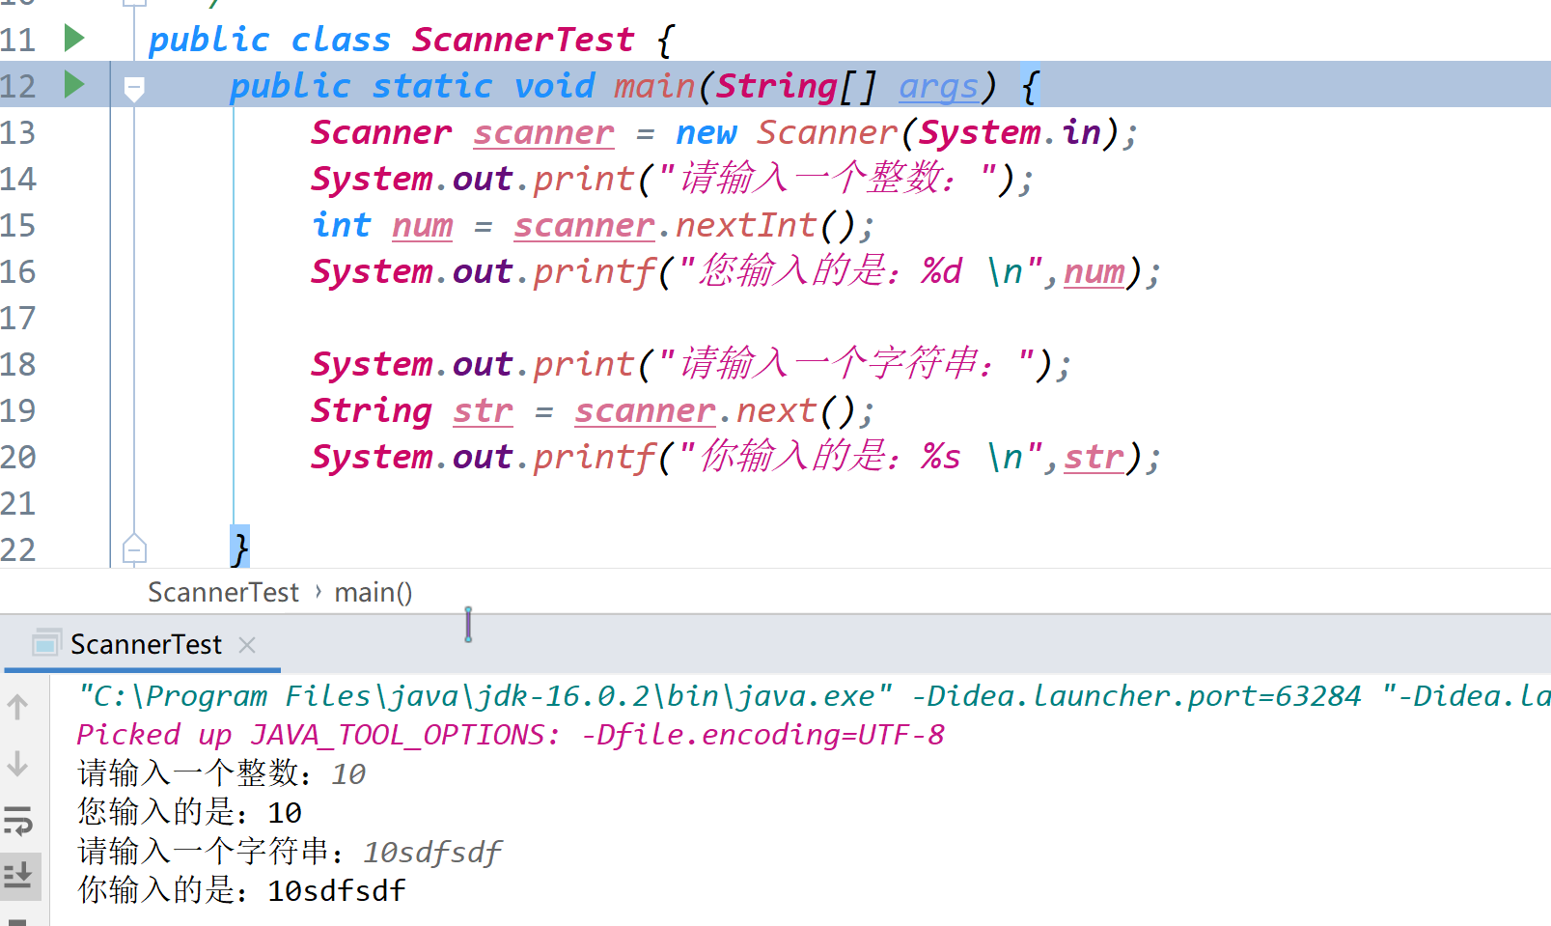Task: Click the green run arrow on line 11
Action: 74,38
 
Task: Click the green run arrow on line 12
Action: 74,84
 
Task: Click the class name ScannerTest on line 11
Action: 523,40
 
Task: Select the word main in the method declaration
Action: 654,87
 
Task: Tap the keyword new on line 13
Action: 706,133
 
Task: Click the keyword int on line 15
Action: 342,225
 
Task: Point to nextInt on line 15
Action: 746,225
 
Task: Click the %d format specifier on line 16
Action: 941,270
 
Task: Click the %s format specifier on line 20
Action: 940,457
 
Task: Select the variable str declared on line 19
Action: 484,410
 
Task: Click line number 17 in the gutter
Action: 18,319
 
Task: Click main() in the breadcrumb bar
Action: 374,593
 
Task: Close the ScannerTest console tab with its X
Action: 247,646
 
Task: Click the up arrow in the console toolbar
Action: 17,707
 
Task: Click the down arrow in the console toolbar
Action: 17,764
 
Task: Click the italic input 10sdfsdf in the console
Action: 432,853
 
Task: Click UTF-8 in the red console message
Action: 901,735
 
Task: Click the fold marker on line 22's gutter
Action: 134,549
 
